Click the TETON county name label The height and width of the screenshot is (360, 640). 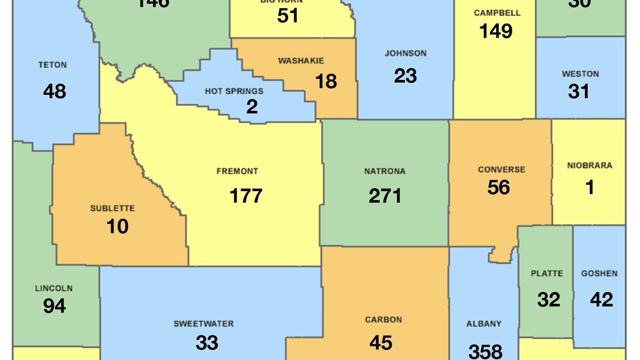pyautogui.click(x=52, y=65)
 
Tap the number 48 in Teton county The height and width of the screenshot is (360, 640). pyautogui.click(x=55, y=91)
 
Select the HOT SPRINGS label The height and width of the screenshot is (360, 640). pyautogui.click(x=234, y=91)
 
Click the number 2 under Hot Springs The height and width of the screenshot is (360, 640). pyautogui.click(x=252, y=107)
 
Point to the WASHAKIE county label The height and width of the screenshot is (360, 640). pyautogui.click(x=301, y=61)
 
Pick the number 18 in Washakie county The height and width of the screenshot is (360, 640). pyautogui.click(x=326, y=81)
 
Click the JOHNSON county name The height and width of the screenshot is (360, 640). pyautogui.click(x=406, y=54)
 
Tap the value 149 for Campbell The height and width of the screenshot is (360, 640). pyautogui.click(x=496, y=31)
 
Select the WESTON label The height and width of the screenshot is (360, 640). pyautogui.click(x=580, y=74)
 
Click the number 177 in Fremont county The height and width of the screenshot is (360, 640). pyautogui.click(x=246, y=196)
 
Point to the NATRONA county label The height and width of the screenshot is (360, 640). pyautogui.click(x=385, y=171)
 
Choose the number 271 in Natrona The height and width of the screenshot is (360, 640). pyautogui.click(x=385, y=196)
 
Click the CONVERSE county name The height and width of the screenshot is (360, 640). pyautogui.click(x=502, y=170)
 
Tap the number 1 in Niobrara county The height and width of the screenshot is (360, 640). pyautogui.click(x=590, y=187)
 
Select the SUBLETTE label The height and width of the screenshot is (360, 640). pyautogui.click(x=112, y=208)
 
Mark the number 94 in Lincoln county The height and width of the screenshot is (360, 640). pyautogui.click(x=54, y=306)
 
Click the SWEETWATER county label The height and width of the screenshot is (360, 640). pyautogui.click(x=204, y=324)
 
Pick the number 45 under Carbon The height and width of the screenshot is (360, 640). pyautogui.click(x=381, y=343)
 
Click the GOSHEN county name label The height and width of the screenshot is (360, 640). pyautogui.click(x=599, y=273)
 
